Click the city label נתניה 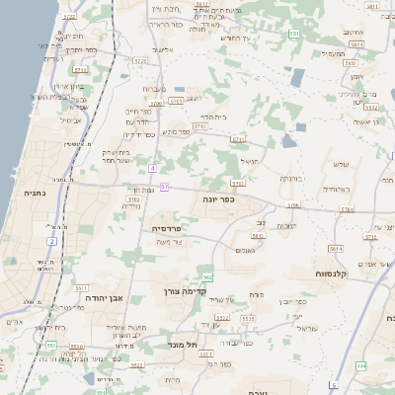(x=32, y=195)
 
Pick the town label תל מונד (x=185, y=345)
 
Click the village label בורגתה (x=289, y=179)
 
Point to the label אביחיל (x=71, y=120)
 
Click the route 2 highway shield (x=51, y=241)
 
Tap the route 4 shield (x=154, y=168)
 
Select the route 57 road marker (x=165, y=186)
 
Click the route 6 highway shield (x=334, y=384)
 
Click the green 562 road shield (x=207, y=277)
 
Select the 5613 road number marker (x=258, y=235)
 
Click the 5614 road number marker (x=336, y=250)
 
